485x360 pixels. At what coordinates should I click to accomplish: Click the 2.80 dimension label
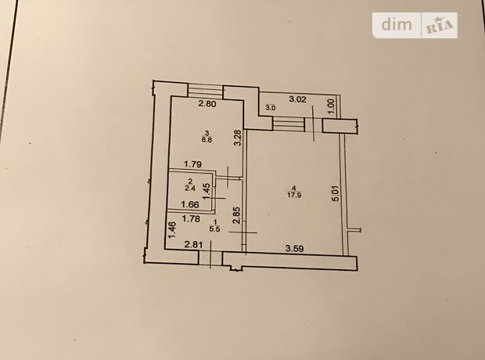coord(207,104)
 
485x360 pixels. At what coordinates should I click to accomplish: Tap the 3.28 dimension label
coord(238,138)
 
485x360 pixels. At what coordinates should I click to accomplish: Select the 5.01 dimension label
coord(336,193)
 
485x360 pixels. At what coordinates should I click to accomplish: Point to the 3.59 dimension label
coord(294,248)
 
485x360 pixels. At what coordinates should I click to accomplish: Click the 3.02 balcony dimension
coord(297,99)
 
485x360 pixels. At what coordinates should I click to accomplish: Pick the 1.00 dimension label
coord(331,107)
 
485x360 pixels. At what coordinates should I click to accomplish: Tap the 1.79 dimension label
coord(192,164)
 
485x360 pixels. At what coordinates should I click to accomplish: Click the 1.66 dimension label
coord(190,204)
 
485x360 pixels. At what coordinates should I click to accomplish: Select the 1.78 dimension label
coord(191,219)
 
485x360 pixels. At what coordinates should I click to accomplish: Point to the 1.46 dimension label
coord(173,229)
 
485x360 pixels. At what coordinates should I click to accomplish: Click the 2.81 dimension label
coord(194,245)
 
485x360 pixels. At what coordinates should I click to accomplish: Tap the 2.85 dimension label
coord(236,215)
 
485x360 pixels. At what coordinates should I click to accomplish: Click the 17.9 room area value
coord(294,196)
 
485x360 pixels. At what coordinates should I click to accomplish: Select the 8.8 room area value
coord(207,139)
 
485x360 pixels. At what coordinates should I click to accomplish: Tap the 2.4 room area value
coord(190,188)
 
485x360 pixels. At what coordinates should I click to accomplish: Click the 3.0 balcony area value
coord(269,108)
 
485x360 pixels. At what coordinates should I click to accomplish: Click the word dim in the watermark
coord(397,24)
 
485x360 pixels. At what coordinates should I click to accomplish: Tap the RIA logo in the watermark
coord(439,25)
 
